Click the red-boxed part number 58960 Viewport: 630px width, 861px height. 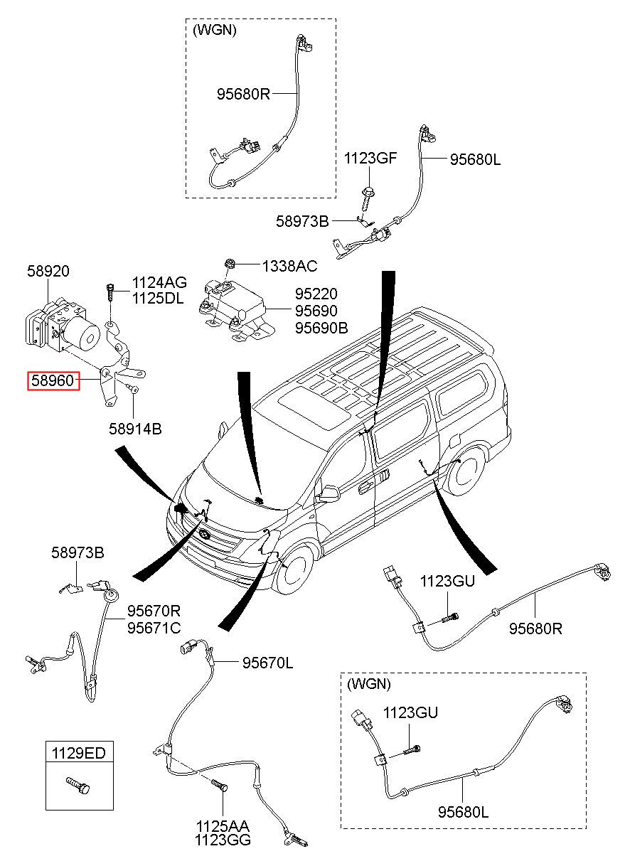(x=51, y=381)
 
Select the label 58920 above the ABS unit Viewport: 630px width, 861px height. (x=48, y=271)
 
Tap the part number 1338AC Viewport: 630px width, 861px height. (x=289, y=266)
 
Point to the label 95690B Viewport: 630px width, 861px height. (x=321, y=328)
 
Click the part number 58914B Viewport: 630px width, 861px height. (x=135, y=429)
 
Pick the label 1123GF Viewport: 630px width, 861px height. (x=370, y=158)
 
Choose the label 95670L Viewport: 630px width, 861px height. (x=267, y=663)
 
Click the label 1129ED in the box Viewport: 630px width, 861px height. (x=80, y=752)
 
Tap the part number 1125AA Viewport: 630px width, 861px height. (x=223, y=827)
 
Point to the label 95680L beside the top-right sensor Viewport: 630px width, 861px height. (x=475, y=160)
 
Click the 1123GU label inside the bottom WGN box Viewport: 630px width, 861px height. (x=410, y=712)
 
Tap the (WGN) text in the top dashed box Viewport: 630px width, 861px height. (x=214, y=31)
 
